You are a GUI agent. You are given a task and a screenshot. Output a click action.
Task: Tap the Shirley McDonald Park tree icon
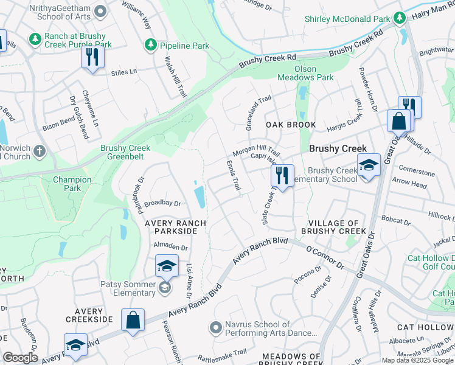[x=400, y=18]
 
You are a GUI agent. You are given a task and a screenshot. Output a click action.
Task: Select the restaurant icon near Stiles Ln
[x=92, y=57]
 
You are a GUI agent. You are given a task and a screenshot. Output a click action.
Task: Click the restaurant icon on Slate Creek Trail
[x=282, y=176]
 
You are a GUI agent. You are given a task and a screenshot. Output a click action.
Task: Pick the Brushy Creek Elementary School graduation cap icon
[x=368, y=165]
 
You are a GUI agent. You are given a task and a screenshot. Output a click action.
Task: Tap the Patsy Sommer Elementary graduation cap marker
[x=167, y=266]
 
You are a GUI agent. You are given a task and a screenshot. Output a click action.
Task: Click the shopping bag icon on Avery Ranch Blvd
[x=133, y=320]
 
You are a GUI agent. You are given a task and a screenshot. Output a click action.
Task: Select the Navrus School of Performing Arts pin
[x=215, y=328]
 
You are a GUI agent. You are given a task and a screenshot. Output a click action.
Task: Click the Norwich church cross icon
[x=40, y=151]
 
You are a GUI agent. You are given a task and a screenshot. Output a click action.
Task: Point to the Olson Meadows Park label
[x=305, y=73]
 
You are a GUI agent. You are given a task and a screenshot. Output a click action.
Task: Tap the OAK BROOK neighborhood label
[x=291, y=125]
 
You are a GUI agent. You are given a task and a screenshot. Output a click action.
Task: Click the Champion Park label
[x=72, y=184]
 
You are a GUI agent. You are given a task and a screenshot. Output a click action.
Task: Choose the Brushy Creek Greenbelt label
[x=125, y=153]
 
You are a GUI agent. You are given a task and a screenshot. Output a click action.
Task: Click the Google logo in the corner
[x=20, y=358]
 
